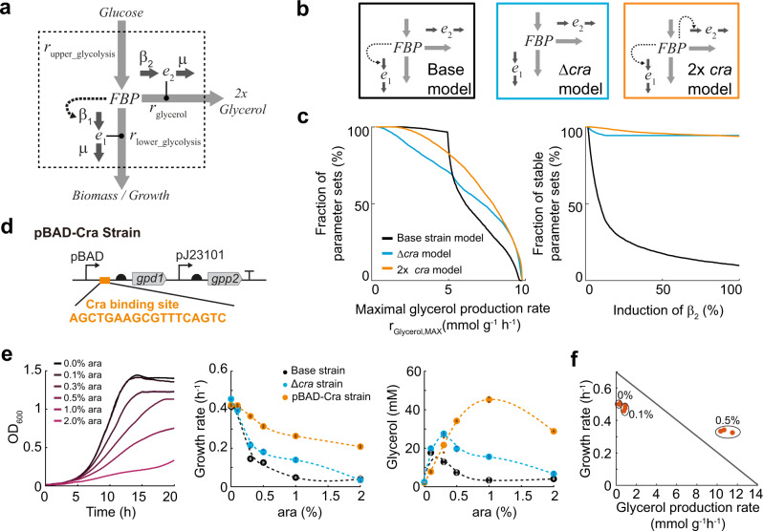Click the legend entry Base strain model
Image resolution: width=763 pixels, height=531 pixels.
point(451,252)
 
